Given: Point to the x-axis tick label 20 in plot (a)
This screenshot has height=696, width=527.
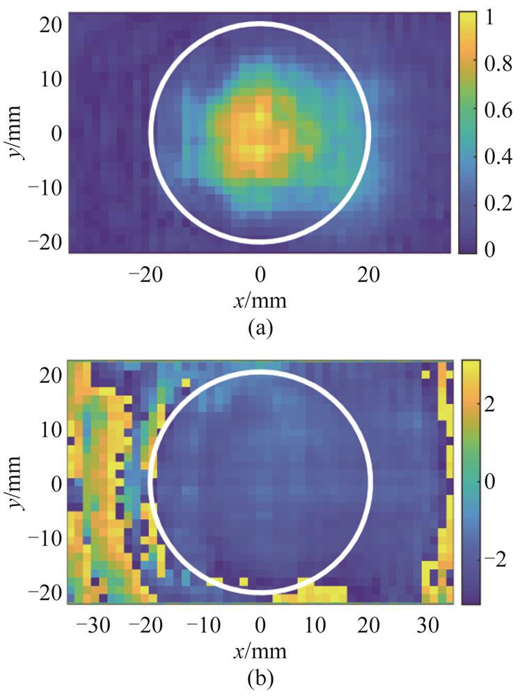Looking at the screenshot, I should (369, 276).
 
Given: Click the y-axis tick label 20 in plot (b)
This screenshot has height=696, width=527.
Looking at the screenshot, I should (51, 374).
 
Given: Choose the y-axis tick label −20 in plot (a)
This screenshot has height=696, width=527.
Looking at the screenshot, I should (43, 241).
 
